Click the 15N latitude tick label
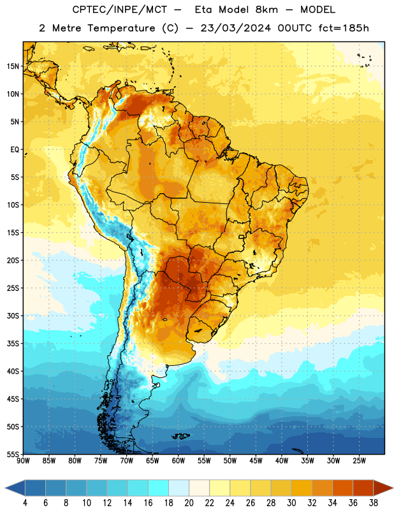point(13,66)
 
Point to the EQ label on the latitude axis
point(15,150)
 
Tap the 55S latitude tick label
point(13,454)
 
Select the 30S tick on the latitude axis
point(13,316)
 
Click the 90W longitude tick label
point(23,461)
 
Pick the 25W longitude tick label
point(359,461)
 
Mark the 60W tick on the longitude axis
point(179,461)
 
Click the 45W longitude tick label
point(256,461)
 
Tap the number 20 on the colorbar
point(189,503)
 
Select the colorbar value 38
point(374,503)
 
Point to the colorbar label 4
point(25,503)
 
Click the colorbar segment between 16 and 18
point(159,488)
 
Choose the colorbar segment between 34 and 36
point(343,488)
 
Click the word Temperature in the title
point(121,28)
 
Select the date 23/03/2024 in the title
point(235,28)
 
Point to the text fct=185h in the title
point(344,28)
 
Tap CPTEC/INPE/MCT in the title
point(120,10)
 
